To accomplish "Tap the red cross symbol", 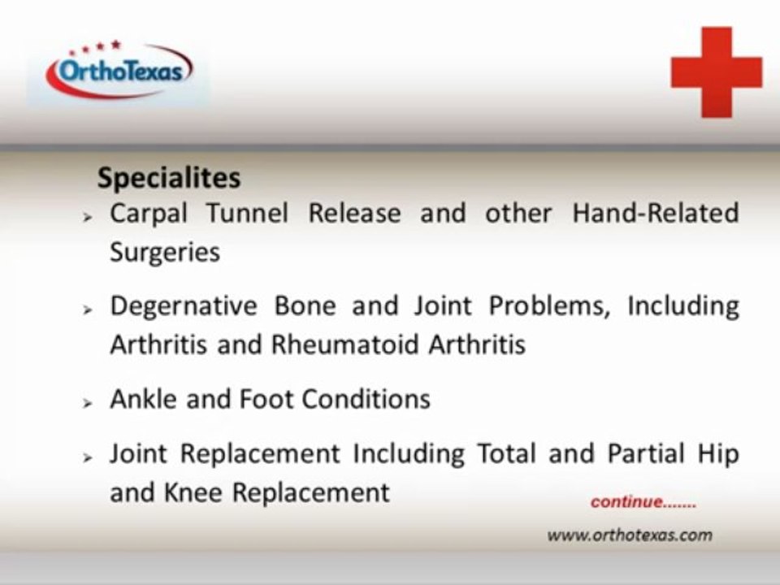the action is tap(717, 72).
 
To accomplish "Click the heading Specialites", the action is tap(169, 178).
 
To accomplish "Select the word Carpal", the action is tap(149, 214).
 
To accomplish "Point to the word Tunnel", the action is tap(247, 213).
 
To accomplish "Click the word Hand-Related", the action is tap(656, 213).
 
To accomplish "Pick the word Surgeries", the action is tap(165, 253).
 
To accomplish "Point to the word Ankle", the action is tap(143, 399).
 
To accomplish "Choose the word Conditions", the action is tap(366, 399).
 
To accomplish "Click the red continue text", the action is tap(643, 502).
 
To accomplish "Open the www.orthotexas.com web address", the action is tap(630, 535).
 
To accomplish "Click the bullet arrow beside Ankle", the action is tap(88, 403).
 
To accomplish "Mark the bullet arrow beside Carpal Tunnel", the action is tap(88, 217).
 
